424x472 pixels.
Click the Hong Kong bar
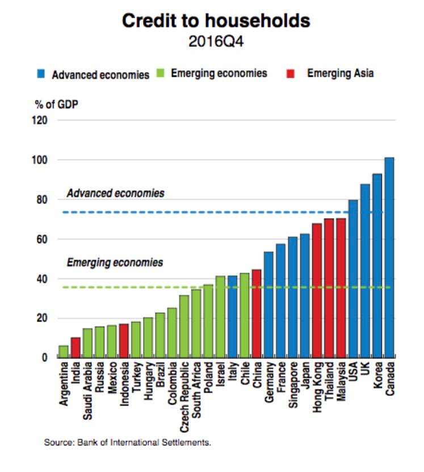(317, 290)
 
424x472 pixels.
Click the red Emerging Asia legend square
(291, 74)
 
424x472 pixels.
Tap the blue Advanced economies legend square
(42, 74)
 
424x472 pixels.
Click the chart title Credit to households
(216, 21)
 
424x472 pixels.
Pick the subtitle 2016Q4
(216, 41)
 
